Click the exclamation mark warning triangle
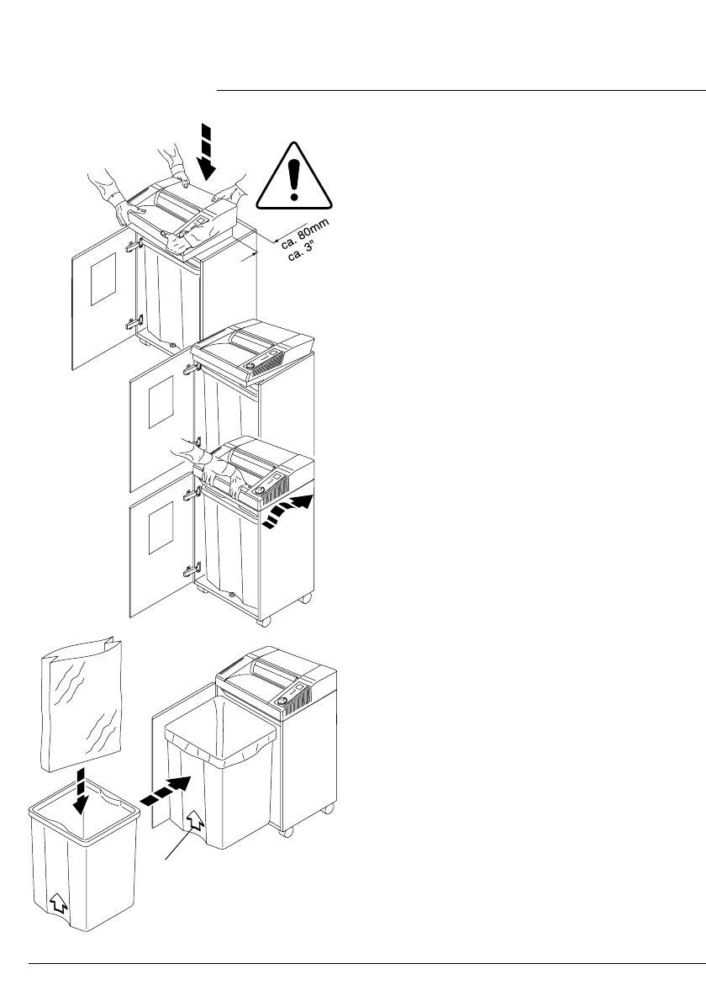tap(293, 176)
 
